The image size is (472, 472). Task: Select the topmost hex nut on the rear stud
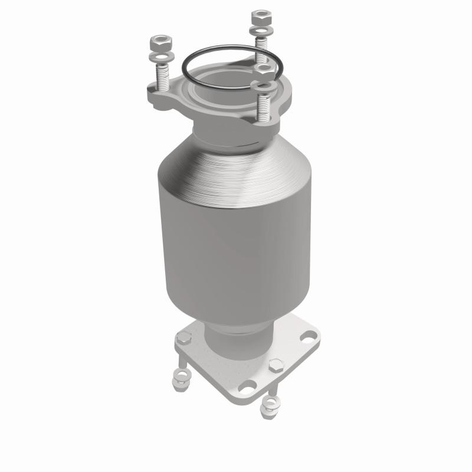pyautogui.click(x=259, y=17)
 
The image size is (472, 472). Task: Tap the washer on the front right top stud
pyautogui.click(x=263, y=87)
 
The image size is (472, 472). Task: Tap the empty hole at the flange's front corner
pyautogui.click(x=248, y=386)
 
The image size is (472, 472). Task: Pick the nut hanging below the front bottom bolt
pyautogui.click(x=271, y=405)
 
